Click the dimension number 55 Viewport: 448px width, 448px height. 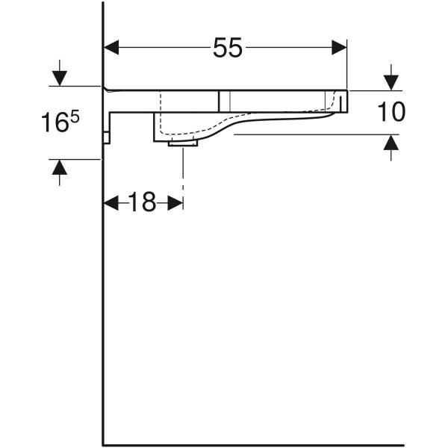tap(228, 48)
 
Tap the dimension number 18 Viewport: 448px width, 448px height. tap(142, 202)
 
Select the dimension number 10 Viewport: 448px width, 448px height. tap(391, 111)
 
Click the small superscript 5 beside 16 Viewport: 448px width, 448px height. tap(75, 116)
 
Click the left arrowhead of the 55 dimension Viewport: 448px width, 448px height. tap(111, 48)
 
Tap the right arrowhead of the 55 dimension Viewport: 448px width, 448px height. tap(339, 48)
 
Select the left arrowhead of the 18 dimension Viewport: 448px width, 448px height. tap(111, 203)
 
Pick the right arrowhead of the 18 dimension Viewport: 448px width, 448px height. tap(175, 203)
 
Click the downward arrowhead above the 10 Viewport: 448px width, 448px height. tap(391, 83)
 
